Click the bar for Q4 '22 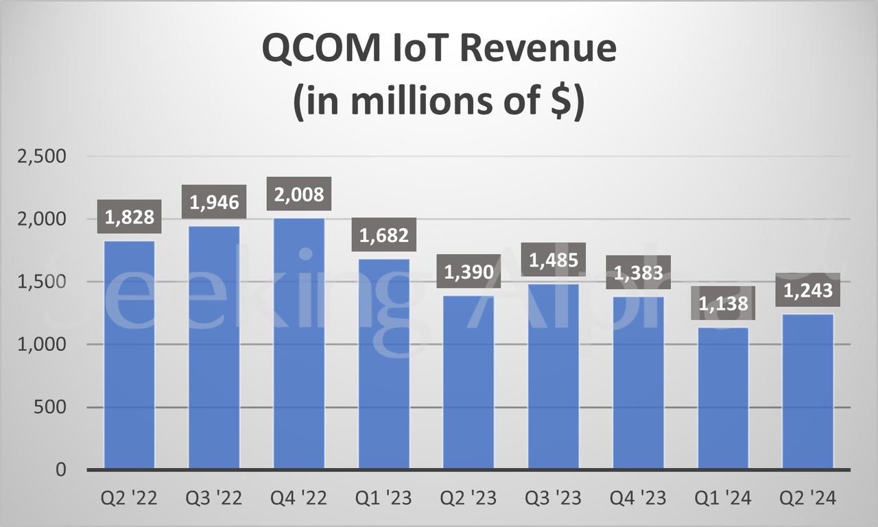point(299,343)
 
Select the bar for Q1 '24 point(723,398)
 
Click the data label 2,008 point(299,195)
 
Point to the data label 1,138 point(723,304)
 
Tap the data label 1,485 point(554,260)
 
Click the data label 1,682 point(384,236)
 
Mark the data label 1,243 point(807,291)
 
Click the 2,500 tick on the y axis point(43,156)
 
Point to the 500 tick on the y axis point(51,407)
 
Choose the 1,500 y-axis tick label point(43,282)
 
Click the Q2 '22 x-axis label point(130,498)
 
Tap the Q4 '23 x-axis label point(638,498)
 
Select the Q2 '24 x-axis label point(807,498)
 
